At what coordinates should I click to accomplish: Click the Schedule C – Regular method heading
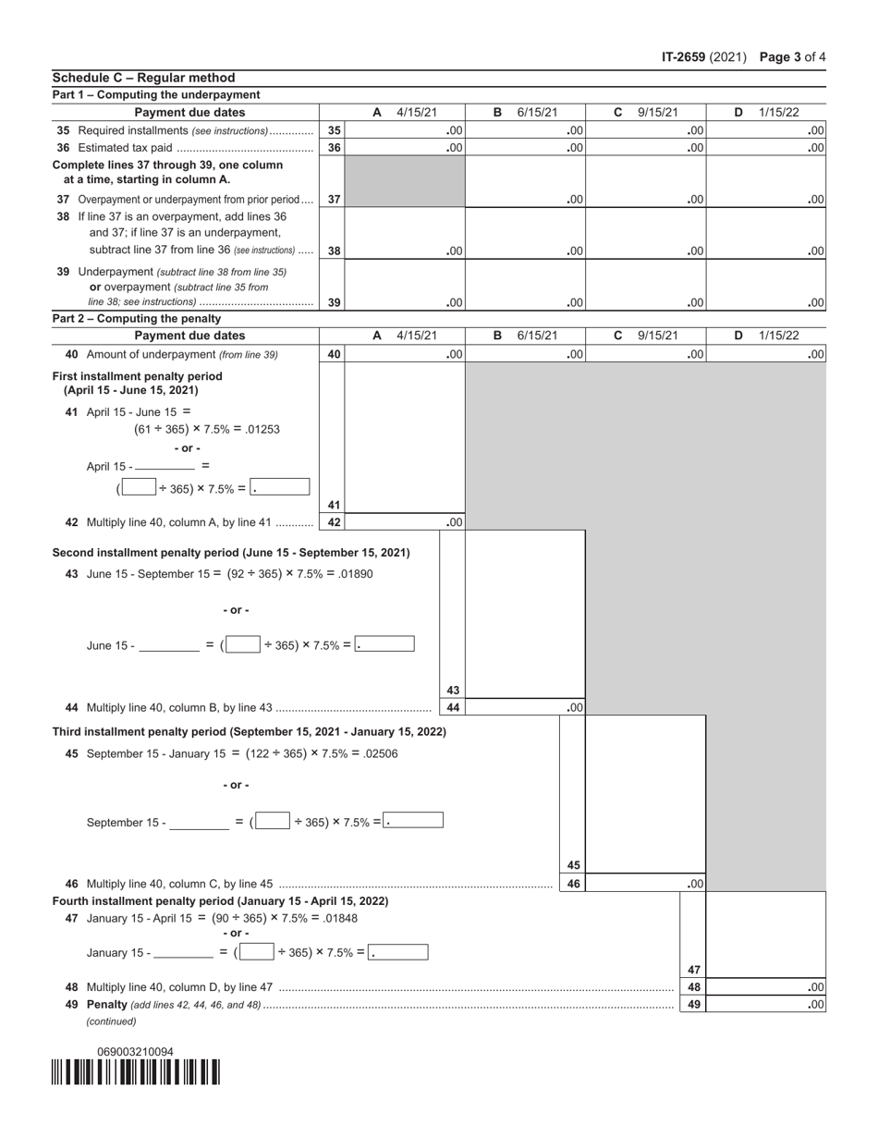click(x=143, y=78)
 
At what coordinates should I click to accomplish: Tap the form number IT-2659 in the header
click(x=684, y=57)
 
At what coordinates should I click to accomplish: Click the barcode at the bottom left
click(x=136, y=1072)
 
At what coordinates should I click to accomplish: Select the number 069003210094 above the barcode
click(x=135, y=1051)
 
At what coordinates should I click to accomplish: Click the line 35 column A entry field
click(x=404, y=130)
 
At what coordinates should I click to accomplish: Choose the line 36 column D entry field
click(x=766, y=148)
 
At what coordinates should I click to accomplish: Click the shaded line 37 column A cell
click(x=404, y=181)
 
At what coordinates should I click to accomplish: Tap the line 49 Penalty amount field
click(x=766, y=1004)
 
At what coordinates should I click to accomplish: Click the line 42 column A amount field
click(x=404, y=522)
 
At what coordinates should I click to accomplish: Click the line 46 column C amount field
click(x=646, y=884)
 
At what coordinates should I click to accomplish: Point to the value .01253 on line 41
click(x=264, y=429)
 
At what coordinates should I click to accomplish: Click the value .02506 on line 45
click(x=381, y=753)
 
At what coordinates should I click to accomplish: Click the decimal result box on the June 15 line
click(x=384, y=644)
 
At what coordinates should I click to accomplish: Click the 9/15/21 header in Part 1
click(x=657, y=113)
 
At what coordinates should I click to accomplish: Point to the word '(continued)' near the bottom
click(x=111, y=1021)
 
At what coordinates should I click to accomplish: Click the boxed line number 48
click(x=692, y=987)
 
